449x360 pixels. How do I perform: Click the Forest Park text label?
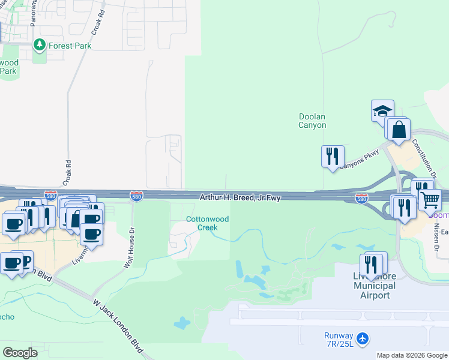pyautogui.click(x=69, y=46)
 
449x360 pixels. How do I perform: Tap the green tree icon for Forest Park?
pyautogui.click(x=40, y=45)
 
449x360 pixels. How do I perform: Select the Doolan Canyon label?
pyautogui.click(x=313, y=121)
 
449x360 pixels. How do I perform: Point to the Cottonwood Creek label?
pyautogui.click(x=208, y=223)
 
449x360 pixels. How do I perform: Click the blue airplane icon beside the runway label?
pyautogui.click(x=363, y=339)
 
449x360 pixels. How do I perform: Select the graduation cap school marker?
pyautogui.click(x=382, y=110)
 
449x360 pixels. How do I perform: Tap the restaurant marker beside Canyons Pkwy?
pyautogui.click(x=333, y=156)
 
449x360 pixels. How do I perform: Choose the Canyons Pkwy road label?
pyautogui.click(x=360, y=158)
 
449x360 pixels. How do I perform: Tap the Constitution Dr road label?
pyautogui.click(x=424, y=157)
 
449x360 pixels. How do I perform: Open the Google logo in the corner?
pyautogui.click(x=20, y=352)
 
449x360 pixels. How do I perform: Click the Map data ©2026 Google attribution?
pyautogui.click(x=412, y=355)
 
